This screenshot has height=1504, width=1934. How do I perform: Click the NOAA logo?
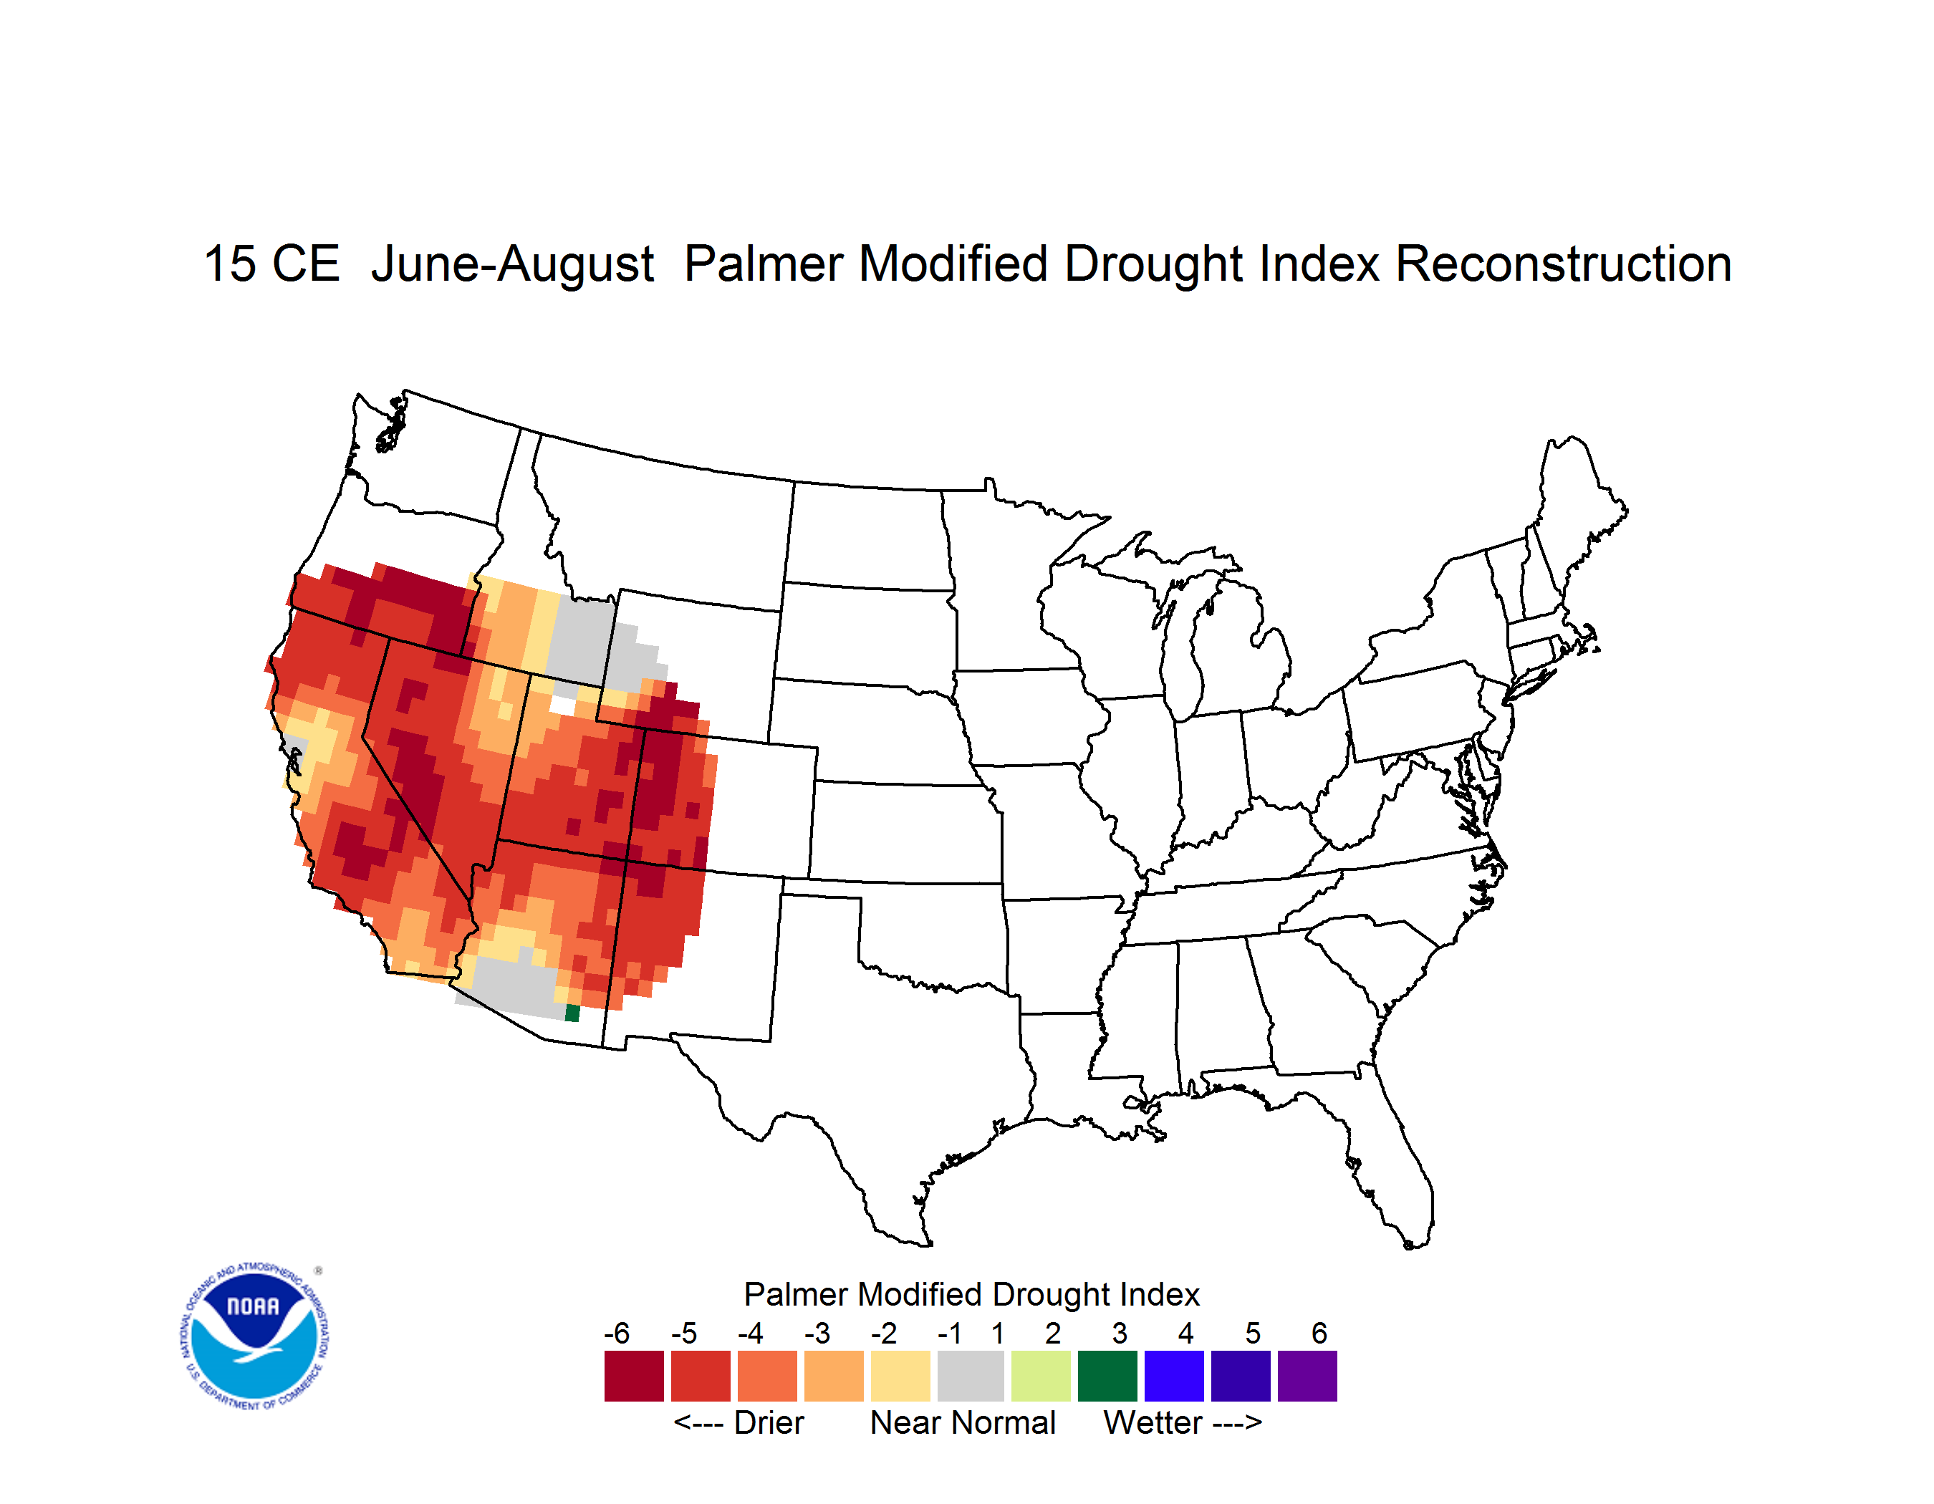255,1336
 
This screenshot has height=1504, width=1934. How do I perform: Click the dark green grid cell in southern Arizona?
573,1013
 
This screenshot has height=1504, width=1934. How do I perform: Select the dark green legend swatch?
1107,1376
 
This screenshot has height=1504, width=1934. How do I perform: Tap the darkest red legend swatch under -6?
634,1376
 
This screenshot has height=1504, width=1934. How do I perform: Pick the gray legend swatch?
971,1376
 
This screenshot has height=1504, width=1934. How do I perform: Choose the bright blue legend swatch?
1174,1376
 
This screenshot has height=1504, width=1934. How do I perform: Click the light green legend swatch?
1041,1376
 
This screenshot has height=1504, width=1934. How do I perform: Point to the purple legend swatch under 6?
1307,1376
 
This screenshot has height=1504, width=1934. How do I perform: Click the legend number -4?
750,1333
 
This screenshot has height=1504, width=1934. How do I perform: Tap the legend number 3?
1120,1333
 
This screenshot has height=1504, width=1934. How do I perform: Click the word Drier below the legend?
769,1422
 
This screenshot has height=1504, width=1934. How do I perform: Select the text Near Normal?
963,1422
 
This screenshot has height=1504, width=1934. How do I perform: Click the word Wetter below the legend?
1153,1422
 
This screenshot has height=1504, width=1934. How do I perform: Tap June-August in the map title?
513,266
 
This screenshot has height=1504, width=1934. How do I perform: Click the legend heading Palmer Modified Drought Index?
971,1294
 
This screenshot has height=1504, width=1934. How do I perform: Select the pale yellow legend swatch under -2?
900,1376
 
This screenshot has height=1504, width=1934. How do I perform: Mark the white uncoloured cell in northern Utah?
563,705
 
